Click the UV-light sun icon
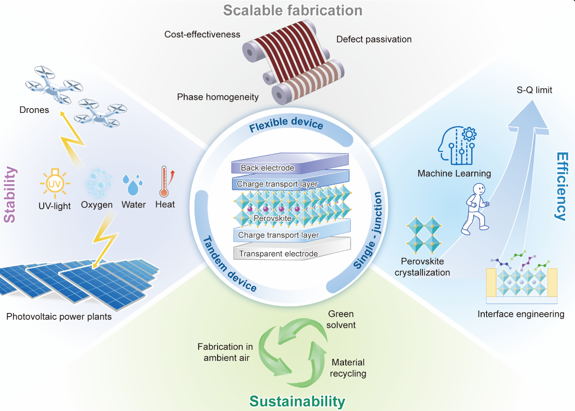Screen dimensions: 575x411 [55, 183]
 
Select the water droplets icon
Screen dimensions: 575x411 [132, 185]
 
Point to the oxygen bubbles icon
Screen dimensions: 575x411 [99, 183]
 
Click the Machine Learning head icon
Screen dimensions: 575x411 [457, 145]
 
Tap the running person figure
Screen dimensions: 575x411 [475, 209]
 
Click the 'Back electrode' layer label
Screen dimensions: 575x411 [268, 168]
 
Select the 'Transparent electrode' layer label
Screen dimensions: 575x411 [278, 253]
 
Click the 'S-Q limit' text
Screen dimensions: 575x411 [534, 90]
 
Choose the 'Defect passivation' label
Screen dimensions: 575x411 [374, 39]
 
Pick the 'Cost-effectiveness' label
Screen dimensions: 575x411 [202, 34]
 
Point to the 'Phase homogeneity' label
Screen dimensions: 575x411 [218, 97]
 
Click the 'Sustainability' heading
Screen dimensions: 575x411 [297, 401]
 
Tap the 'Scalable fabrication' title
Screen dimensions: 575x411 [292, 10]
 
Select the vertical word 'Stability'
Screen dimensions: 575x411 [10, 195]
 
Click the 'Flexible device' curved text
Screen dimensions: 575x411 [286, 124]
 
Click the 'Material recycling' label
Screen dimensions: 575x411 [348, 368]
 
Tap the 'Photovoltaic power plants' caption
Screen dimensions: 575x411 [59, 317]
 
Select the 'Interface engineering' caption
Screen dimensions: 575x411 [521, 314]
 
